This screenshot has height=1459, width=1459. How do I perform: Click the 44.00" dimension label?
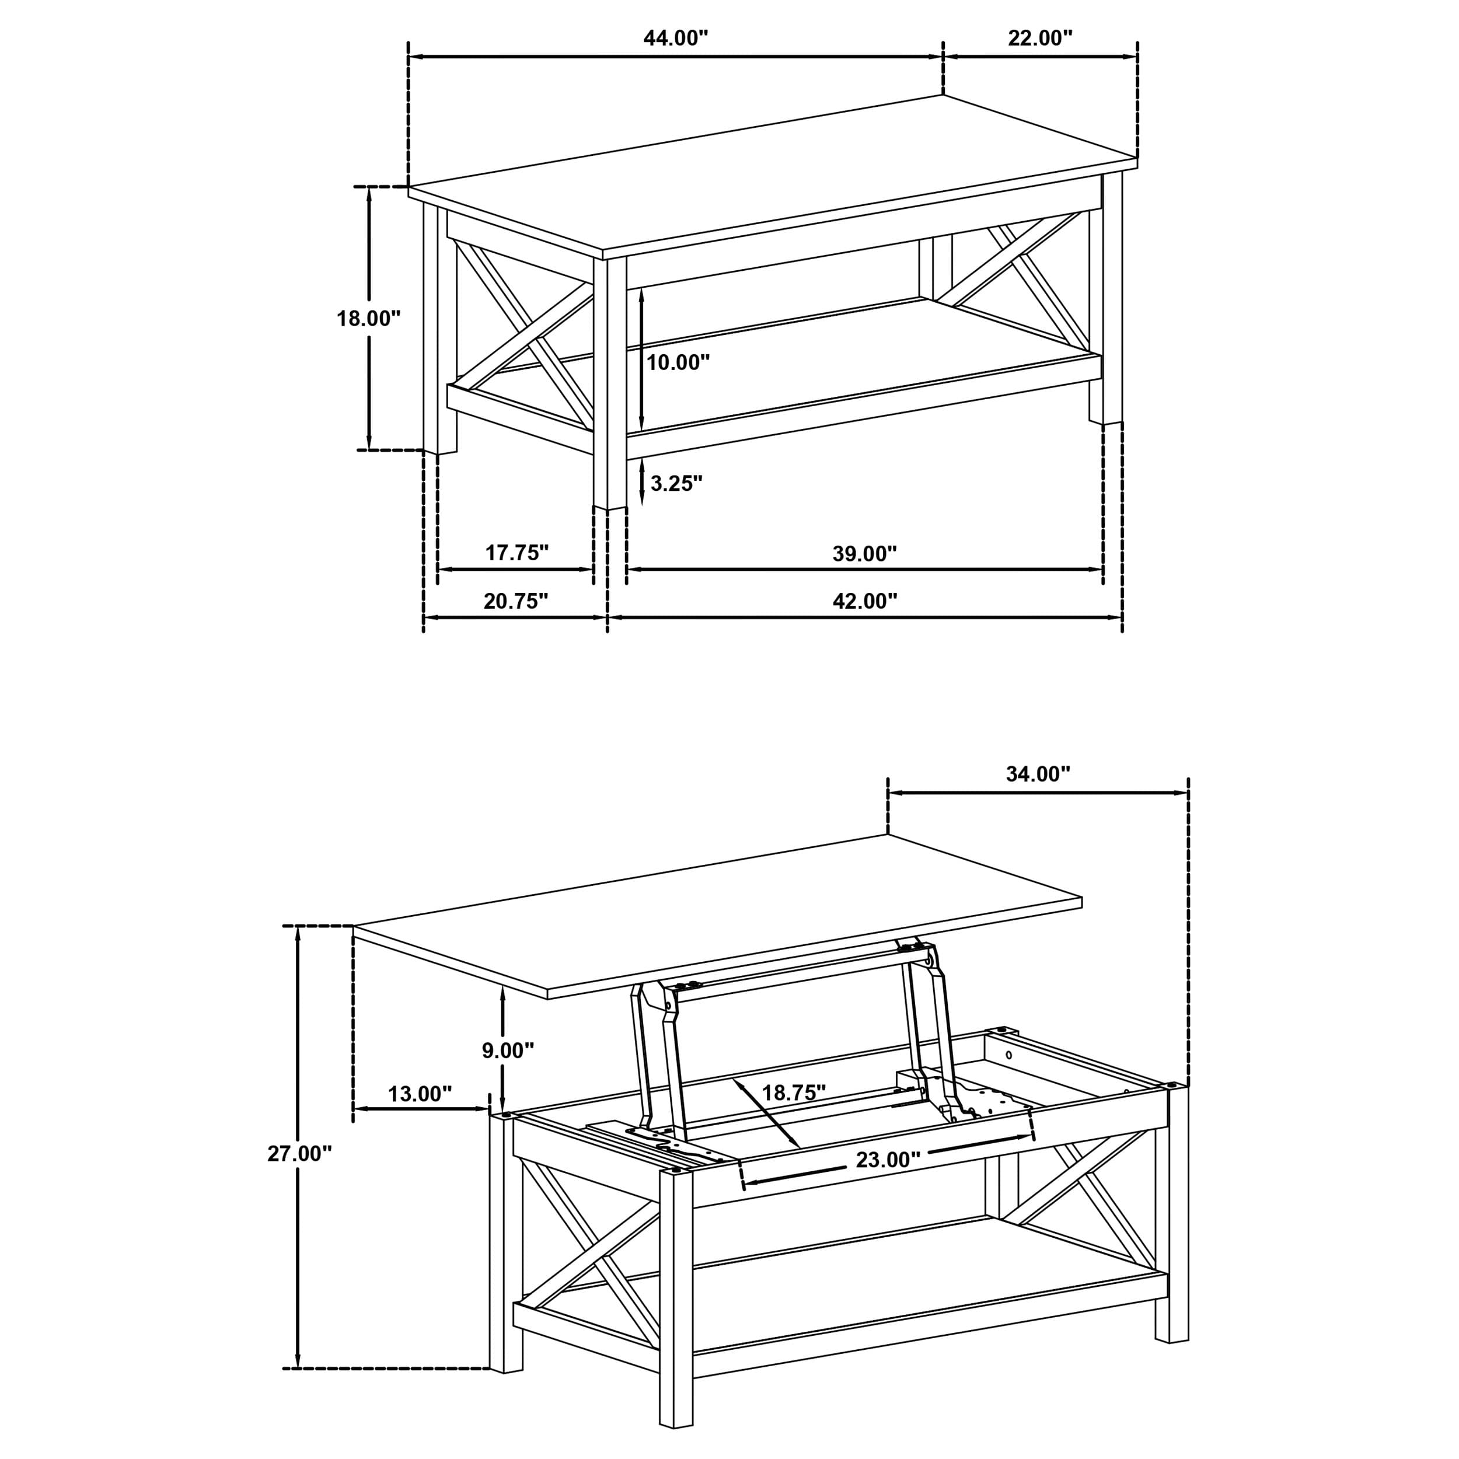(x=675, y=38)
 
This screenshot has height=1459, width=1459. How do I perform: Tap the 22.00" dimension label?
(x=1040, y=38)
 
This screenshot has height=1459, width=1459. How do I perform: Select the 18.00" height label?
(x=368, y=319)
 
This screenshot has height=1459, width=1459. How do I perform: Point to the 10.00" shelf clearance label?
(x=678, y=362)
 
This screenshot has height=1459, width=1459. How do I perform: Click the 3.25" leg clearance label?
(x=676, y=483)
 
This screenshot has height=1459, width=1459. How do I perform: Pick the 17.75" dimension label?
(x=516, y=553)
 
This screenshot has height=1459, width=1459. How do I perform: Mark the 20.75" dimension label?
(x=516, y=601)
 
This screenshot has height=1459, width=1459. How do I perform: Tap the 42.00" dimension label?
(x=865, y=601)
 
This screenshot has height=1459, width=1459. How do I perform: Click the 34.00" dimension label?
(x=1038, y=774)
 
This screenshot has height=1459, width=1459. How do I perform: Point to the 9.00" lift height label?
(x=508, y=1050)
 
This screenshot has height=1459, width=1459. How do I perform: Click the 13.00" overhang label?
(x=420, y=1094)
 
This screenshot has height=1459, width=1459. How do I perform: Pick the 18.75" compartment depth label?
(x=794, y=1092)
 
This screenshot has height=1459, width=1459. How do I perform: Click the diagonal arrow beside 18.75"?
(x=766, y=1123)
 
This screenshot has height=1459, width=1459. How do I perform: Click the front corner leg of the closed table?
(x=609, y=385)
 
